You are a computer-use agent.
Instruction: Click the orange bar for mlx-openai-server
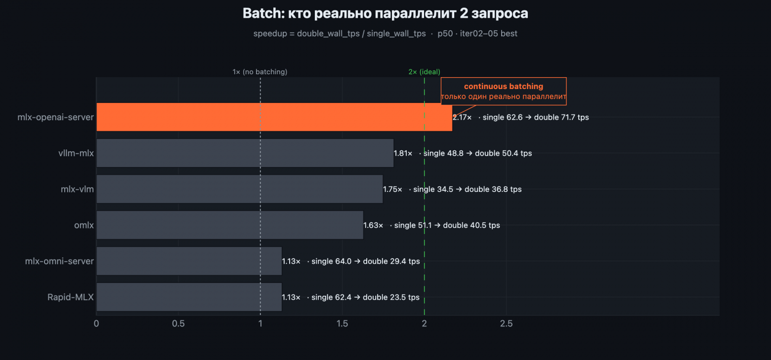tap(274, 117)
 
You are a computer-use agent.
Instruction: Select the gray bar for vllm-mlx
tap(245, 153)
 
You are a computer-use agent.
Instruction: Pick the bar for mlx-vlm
tap(239, 189)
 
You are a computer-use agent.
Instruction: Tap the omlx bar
tap(230, 225)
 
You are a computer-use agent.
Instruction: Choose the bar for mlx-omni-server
tap(189, 261)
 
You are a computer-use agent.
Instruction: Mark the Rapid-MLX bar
tap(189, 297)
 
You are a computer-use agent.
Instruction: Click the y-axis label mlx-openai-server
tap(55, 118)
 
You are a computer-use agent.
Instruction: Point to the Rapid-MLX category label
tap(70, 297)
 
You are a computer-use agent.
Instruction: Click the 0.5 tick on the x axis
tap(178, 324)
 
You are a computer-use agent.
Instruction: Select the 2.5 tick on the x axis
tap(506, 324)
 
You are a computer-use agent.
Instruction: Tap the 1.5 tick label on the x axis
tap(342, 324)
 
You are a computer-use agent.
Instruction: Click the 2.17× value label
tap(462, 118)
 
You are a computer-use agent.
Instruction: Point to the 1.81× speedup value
tap(403, 153)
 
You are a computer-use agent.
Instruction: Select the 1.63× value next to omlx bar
tap(373, 225)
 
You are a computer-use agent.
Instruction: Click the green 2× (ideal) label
tap(424, 72)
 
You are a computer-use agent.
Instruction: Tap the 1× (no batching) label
tap(260, 72)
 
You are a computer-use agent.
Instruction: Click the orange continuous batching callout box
tap(503, 91)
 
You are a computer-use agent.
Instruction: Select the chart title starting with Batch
tap(385, 13)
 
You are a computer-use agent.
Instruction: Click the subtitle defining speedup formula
tap(385, 34)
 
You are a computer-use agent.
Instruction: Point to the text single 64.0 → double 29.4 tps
tap(366, 261)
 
